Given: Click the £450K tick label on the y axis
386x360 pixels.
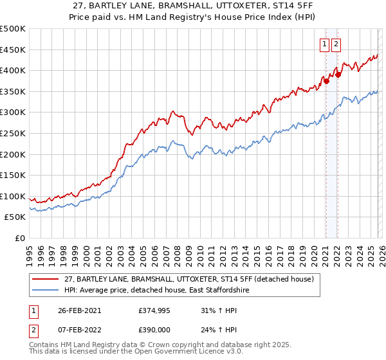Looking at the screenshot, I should pos(13,50).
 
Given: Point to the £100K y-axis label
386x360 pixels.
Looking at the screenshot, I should pos(13,196).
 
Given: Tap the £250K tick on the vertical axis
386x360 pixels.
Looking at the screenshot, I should pos(13,133).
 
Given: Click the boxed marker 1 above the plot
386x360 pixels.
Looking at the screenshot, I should pos(326,44).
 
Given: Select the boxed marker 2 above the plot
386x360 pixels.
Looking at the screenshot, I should pos(336,44).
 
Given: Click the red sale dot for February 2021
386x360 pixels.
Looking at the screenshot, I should pos(326,81).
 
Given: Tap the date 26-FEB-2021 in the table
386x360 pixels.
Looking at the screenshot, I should pos(79,310).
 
